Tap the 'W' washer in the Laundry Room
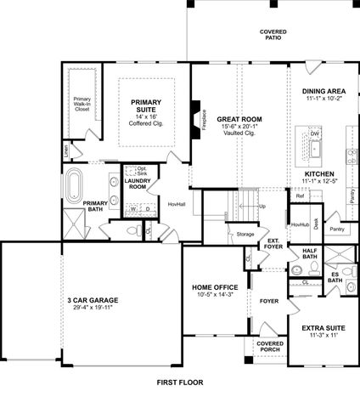coord(133,207)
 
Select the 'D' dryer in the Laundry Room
coord(148,207)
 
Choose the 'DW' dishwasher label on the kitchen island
coord(314,134)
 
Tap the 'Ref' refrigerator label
coord(300,195)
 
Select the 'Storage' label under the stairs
coord(245,234)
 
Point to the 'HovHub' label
coord(300,224)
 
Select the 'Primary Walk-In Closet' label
coord(82,105)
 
